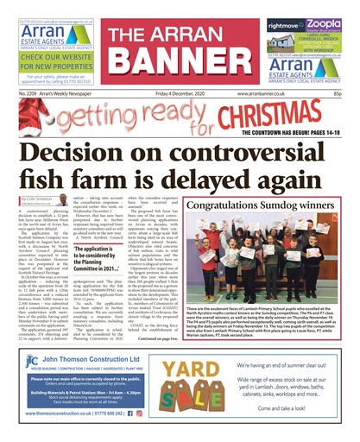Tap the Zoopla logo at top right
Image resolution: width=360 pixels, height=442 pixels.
point(320,26)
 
